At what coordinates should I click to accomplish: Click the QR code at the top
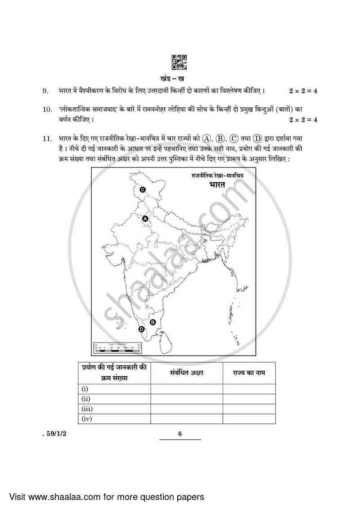click(180, 63)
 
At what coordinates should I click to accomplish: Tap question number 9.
click(45, 91)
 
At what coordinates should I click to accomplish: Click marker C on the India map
click(142, 190)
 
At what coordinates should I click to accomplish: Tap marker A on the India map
click(145, 219)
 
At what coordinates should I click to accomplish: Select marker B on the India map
click(153, 322)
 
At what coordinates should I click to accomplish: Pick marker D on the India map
click(142, 329)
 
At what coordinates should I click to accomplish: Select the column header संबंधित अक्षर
click(187, 373)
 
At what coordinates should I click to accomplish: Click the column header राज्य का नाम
click(249, 373)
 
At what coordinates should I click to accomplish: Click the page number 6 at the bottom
click(179, 434)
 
